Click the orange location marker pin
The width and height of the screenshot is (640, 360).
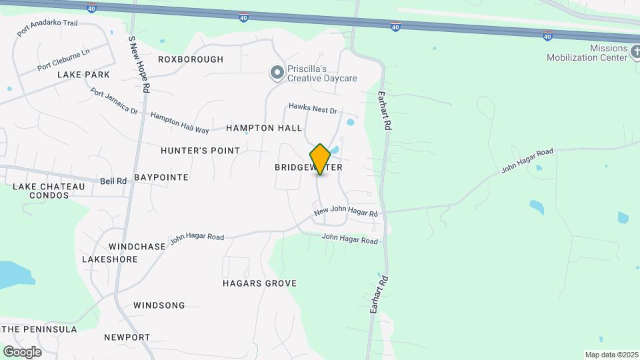click(x=321, y=159)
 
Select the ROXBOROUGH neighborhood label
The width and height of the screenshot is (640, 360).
click(x=191, y=59)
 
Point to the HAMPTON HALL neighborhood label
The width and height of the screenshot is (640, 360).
click(x=264, y=127)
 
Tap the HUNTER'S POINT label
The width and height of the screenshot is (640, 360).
click(x=200, y=151)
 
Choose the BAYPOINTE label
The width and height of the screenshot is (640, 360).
click(x=161, y=177)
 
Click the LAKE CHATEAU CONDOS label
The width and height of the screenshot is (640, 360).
click(x=49, y=191)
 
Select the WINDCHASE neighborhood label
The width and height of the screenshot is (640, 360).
click(x=137, y=247)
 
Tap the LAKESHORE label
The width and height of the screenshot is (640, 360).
click(x=109, y=259)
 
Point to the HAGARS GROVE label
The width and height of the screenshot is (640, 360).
click(x=259, y=283)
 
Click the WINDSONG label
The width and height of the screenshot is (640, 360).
click(x=159, y=305)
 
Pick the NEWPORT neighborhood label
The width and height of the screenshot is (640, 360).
click(x=127, y=337)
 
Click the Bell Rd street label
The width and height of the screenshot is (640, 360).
click(x=113, y=181)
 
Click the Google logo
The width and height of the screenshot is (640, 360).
click(x=23, y=352)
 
